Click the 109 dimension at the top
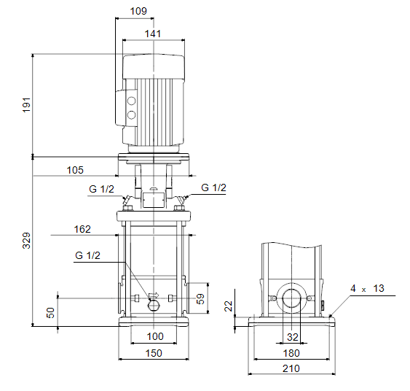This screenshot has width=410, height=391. click(138, 11)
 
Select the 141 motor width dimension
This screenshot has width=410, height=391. click(153, 34)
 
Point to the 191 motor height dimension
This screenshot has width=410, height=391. click(26, 105)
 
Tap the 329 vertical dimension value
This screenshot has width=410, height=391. click(26, 241)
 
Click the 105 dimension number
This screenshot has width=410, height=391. click(75, 170)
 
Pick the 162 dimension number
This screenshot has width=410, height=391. click(82, 229)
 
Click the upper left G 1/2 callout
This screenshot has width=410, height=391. click(101, 189)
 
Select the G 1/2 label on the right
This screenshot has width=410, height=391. click(213, 187)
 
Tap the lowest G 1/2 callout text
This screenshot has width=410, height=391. click(87, 255)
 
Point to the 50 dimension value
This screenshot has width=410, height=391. click(50, 313)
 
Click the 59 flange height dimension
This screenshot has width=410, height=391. click(200, 299)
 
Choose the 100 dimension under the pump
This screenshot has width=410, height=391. click(155, 336)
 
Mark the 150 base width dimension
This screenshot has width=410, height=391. click(154, 353)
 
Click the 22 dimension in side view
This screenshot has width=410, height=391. click(228, 306)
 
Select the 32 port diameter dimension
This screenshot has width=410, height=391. click(292, 337)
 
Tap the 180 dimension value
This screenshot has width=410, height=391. click(291, 354)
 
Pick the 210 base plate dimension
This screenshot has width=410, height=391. click(291, 368)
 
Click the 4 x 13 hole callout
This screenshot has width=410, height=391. click(367, 289)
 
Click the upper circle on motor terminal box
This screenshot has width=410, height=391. click(131, 101)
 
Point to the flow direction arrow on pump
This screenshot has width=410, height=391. click(154, 295)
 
